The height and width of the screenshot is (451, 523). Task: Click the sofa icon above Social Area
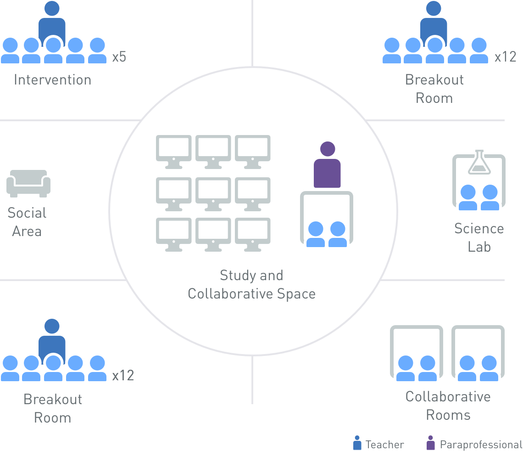pyautogui.click(x=28, y=183)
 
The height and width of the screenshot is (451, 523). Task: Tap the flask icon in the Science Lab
pyautogui.click(x=479, y=162)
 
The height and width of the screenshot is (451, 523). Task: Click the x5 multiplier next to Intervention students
pyautogui.click(x=119, y=57)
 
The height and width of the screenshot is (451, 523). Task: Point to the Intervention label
pyautogui.click(x=52, y=79)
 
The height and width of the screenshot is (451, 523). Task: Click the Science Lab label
pyautogui.click(x=479, y=237)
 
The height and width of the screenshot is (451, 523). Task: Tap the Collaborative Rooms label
pyautogui.click(x=448, y=406)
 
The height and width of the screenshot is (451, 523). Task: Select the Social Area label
pyautogui.click(x=27, y=222)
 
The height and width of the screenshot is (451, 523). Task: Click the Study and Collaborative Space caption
pyautogui.click(x=251, y=284)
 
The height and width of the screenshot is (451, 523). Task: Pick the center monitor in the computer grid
pyautogui.click(x=213, y=192)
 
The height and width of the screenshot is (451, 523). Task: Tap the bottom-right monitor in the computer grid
pyautogui.click(x=253, y=234)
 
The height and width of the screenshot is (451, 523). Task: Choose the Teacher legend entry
pyautogui.click(x=378, y=444)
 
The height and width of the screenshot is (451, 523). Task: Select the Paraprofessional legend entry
pyautogui.click(x=474, y=444)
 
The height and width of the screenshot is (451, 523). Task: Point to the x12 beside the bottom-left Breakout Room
pyautogui.click(x=123, y=375)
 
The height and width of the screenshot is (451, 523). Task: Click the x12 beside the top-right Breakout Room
pyautogui.click(x=505, y=57)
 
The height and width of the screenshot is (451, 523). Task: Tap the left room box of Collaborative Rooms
pyautogui.click(x=417, y=354)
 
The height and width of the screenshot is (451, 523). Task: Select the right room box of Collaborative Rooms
pyautogui.click(x=478, y=354)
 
